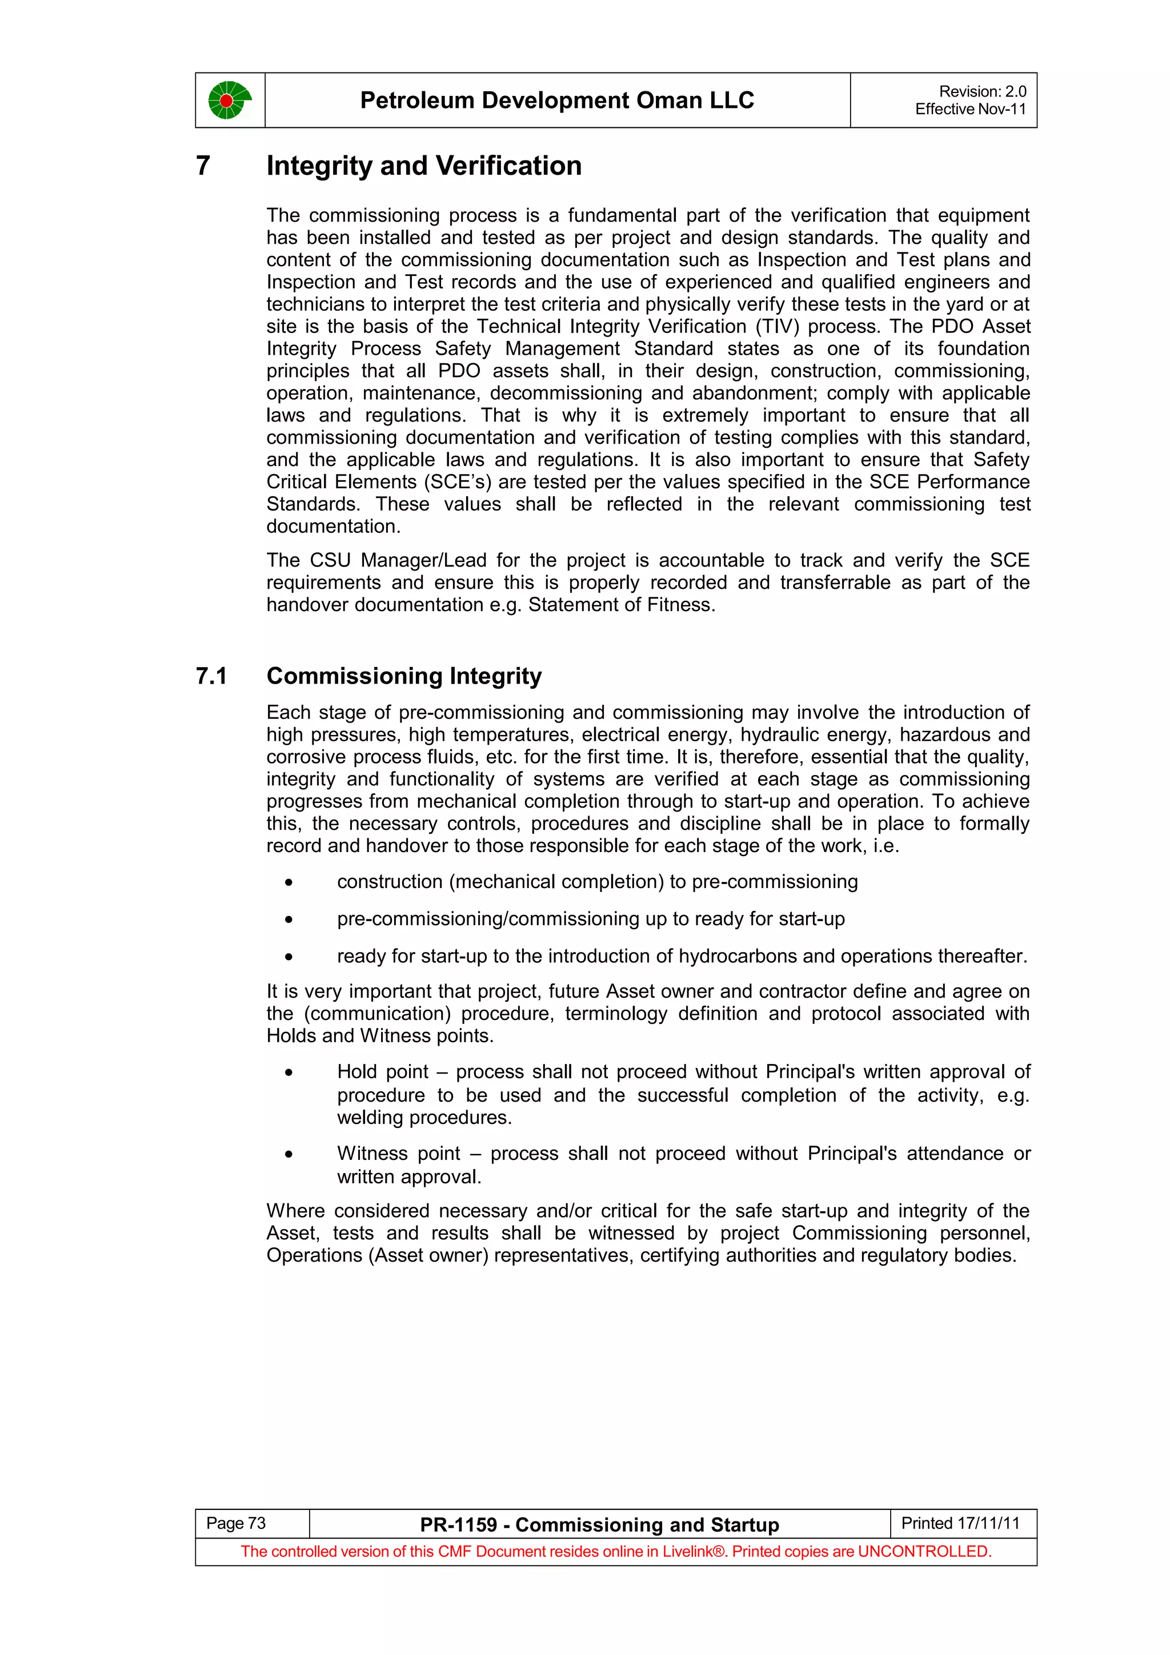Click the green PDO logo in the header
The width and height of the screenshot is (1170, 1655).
point(229,100)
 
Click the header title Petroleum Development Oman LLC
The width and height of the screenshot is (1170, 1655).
point(556,100)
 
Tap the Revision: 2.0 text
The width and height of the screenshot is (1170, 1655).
point(982,91)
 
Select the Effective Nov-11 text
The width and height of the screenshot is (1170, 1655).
point(969,110)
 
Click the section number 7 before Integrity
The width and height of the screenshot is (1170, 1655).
point(203,166)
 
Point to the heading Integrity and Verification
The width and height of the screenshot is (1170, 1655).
point(424,166)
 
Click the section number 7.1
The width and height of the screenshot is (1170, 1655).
point(211,676)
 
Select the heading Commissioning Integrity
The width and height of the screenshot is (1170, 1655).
point(404,676)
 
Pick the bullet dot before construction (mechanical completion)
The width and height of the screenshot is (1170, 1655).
point(289,883)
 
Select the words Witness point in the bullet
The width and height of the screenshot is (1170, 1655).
point(398,1154)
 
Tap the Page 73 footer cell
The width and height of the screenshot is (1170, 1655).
point(237,1523)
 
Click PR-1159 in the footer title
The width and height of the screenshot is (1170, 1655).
point(459,1525)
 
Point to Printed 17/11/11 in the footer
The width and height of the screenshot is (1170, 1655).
point(960,1523)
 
